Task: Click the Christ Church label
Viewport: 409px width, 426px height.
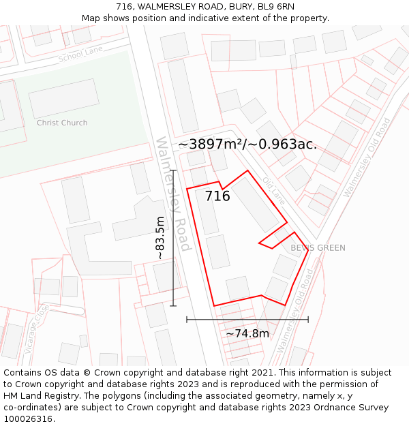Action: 62,123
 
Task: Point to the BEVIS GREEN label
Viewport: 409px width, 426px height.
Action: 318,248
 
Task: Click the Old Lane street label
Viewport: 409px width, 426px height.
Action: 274,189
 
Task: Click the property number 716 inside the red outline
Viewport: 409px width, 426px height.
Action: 217,196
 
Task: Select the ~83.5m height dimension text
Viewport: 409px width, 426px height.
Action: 160,238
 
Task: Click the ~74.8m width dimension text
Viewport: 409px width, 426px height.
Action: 247,333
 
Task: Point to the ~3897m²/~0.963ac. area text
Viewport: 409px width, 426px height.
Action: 247,144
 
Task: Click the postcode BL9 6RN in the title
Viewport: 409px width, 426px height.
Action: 276,6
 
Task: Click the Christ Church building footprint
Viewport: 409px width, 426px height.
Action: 63,99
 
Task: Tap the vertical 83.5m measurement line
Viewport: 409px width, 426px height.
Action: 173,238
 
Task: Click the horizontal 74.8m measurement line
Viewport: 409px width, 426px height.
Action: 247,319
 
